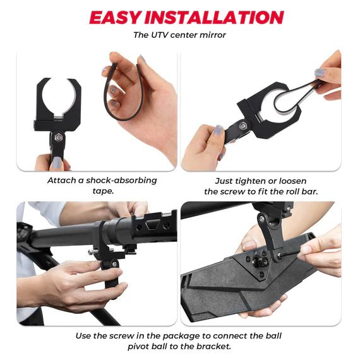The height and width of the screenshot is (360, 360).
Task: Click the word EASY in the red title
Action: (x=115, y=17)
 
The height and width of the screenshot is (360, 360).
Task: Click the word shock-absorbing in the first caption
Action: (x=121, y=181)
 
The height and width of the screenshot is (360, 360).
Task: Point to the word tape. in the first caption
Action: (x=103, y=191)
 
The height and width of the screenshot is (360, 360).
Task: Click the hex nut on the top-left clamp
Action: (x=58, y=138)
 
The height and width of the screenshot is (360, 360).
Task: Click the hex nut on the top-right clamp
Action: (x=243, y=126)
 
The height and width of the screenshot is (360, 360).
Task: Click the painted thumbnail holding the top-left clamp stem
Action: (x=56, y=162)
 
